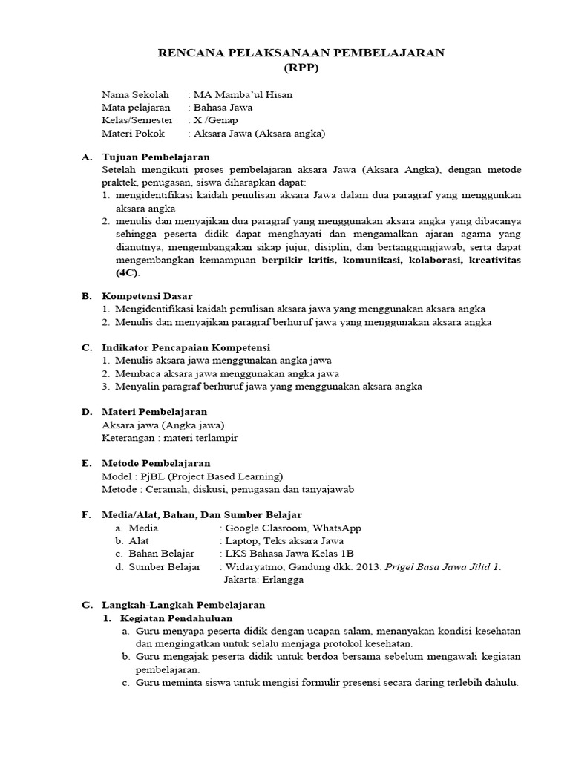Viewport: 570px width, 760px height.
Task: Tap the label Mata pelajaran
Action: click(x=136, y=108)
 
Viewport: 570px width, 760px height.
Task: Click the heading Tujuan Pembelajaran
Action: click(x=155, y=157)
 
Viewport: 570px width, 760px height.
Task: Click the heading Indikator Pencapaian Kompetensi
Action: click(x=186, y=347)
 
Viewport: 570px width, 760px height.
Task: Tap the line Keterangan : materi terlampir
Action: click(x=169, y=437)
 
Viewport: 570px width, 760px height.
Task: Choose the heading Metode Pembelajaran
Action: click(x=156, y=463)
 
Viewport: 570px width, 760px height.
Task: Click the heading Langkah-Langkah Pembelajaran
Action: click(x=183, y=605)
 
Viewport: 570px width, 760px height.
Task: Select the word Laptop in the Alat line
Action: click(x=242, y=541)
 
